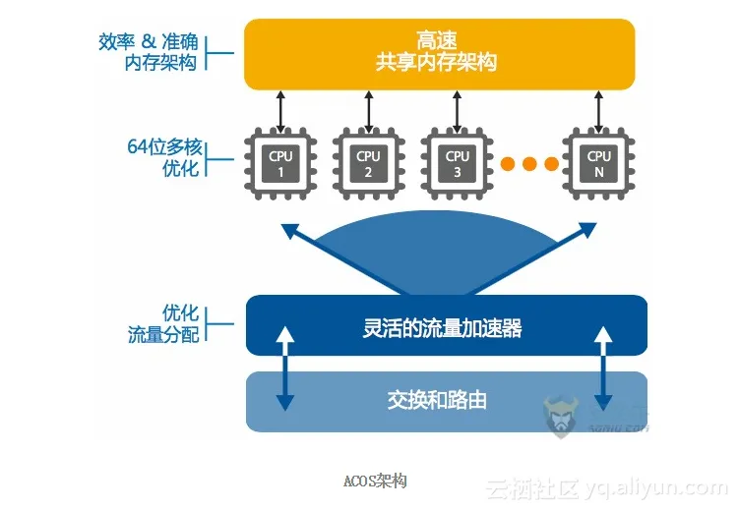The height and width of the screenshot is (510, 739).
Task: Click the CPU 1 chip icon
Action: tap(280, 164)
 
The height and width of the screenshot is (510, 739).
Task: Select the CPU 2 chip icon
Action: tap(368, 164)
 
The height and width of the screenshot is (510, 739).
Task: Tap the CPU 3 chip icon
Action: tap(458, 164)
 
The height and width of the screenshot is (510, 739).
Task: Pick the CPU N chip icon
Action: tap(599, 164)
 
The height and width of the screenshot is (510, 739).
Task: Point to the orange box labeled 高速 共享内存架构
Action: tap(439, 53)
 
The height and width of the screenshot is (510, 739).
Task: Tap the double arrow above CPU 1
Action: tap(280, 111)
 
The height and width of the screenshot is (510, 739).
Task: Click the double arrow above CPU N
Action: tap(599, 111)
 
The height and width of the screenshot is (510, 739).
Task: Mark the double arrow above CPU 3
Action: tap(458, 111)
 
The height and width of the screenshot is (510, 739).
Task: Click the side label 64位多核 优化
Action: tap(164, 157)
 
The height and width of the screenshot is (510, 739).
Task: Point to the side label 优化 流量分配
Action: tap(163, 323)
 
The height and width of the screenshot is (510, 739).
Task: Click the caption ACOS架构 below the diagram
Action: tap(374, 481)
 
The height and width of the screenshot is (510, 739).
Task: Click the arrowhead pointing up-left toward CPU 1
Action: tap(290, 231)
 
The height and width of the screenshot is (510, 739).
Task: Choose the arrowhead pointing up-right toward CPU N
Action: tap(587, 231)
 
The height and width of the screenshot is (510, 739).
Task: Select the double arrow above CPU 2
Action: tap(368, 111)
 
